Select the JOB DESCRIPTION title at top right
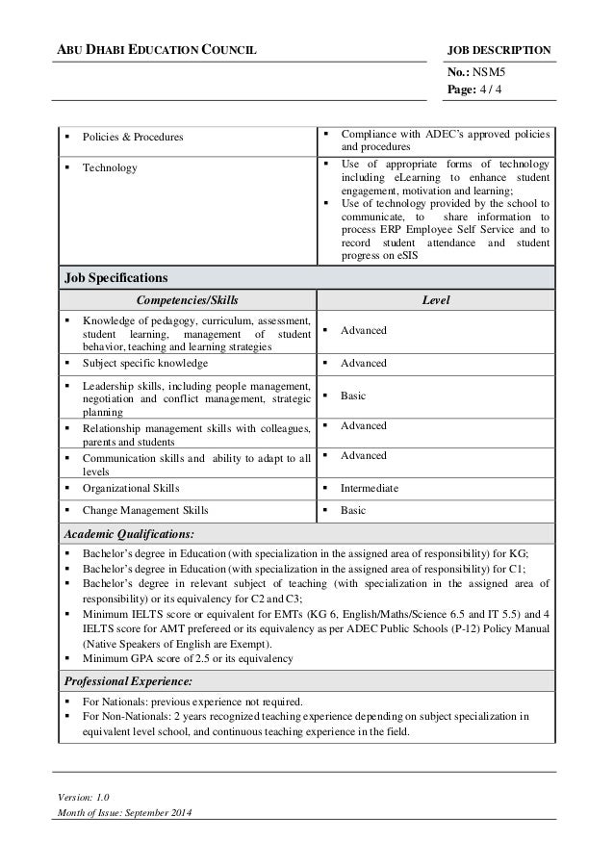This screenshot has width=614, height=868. [499, 49]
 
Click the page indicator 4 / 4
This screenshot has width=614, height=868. [495, 89]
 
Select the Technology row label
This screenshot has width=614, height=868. [110, 167]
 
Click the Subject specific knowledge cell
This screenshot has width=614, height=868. [145, 364]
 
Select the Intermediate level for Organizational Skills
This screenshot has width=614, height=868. [370, 488]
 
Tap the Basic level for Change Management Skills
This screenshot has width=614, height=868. [356, 510]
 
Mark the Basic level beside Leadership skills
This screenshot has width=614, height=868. [356, 396]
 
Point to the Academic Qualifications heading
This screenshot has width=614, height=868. [128, 532]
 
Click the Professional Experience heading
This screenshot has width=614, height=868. [127, 680]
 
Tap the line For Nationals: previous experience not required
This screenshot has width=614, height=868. [192, 702]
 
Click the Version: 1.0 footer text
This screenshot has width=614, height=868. [83, 798]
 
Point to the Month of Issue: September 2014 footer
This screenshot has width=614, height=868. [125, 817]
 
